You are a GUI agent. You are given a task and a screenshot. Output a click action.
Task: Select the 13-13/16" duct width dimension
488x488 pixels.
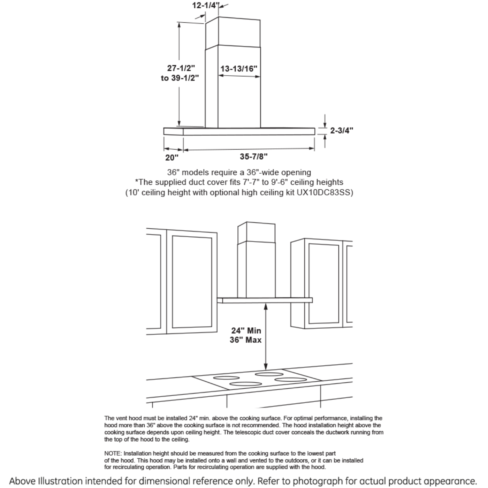[239, 69]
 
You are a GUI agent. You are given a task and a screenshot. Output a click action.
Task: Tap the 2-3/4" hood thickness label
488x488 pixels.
[341, 130]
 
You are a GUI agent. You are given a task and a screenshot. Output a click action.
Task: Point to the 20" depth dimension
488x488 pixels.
[171, 158]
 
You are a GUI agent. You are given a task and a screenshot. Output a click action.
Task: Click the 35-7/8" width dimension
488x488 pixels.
[254, 157]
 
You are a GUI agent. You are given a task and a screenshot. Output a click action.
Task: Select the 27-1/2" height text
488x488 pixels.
[181, 68]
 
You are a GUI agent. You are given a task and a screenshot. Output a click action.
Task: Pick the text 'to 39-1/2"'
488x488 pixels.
[180, 78]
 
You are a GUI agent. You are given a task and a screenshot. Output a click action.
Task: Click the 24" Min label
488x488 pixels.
[246, 330]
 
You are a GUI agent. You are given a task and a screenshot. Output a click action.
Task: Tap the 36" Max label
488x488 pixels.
[245, 340]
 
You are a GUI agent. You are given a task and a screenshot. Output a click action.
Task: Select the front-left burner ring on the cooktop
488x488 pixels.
[245, 384]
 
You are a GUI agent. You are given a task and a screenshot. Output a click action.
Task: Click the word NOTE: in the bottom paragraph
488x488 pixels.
[113, 453]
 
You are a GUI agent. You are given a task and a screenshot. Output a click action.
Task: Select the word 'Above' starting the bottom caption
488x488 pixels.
[22, 481]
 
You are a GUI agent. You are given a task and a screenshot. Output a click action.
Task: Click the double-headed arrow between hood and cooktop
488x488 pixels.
[266, 336]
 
